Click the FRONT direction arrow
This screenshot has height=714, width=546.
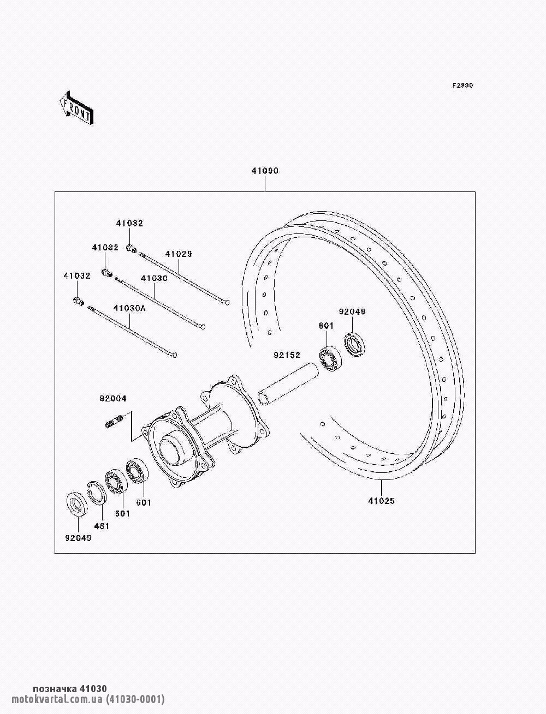coord(76,107)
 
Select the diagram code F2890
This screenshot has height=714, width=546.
coord(462,86)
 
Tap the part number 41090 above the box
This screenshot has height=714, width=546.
coord(265,171)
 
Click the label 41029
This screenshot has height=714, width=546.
coord(179,254)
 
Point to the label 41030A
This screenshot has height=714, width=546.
coord(129,308)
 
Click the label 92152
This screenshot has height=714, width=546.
coord(287,355)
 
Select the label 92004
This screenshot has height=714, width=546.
coord(113,399)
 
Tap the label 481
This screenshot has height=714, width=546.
coord(102,526)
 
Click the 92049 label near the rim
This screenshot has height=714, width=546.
coord(352,311)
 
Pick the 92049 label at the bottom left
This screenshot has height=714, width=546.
coord(78,538)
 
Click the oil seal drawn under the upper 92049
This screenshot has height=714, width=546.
coord(354,344)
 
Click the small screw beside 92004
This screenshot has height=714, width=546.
coord(114,421)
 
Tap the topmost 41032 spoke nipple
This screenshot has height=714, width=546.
coord(132,248)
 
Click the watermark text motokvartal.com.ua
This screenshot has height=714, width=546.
coord(57,699)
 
